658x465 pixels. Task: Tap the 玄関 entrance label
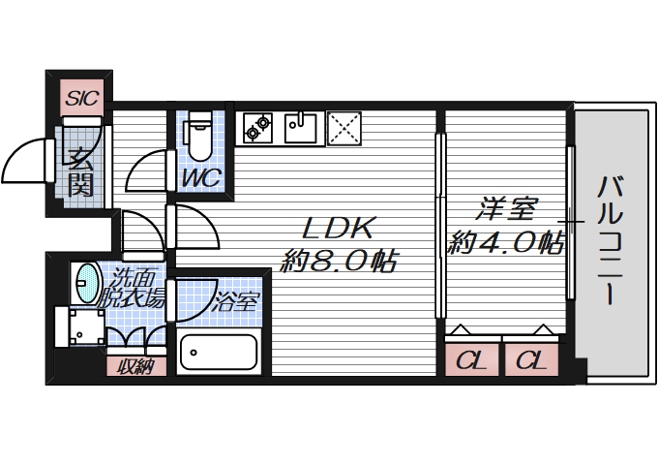[80, 170]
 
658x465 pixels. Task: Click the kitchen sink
[301, 127]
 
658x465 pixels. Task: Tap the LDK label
[338, 229]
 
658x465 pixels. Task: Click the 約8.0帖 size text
[338, 261]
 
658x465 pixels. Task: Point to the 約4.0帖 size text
[504, 241]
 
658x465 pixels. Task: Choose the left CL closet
[471, 361]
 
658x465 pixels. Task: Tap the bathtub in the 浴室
[220, 354]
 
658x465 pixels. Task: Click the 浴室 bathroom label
[237, 301]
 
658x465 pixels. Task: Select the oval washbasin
[86, 282]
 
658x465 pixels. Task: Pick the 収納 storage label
[135, 366]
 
